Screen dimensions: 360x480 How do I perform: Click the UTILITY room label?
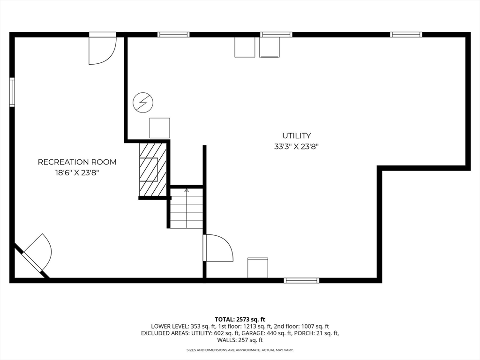[x=296, y=136]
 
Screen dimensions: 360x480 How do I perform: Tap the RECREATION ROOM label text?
[x=77, y=162]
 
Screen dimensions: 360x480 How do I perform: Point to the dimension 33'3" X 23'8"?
[x=296, y=146]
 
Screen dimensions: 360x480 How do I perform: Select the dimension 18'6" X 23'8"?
[x=77, y=172]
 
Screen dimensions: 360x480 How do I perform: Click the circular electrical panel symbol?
[x=142, y=102]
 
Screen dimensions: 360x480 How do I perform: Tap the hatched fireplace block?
[x=153, y=169]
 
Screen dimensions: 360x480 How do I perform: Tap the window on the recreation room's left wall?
[x=12, y=92]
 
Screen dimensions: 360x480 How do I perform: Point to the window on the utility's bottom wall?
[x=301, y=280]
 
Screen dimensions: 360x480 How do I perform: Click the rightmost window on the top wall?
[x=406, y=34]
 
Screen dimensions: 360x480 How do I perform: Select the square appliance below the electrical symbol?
[x=159, y=128]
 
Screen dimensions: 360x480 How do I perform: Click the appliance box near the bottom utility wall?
[x=258, y=267]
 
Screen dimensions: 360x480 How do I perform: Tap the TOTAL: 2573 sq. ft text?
[x=240, y=319]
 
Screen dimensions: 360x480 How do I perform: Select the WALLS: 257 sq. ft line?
[x=240, y=340]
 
